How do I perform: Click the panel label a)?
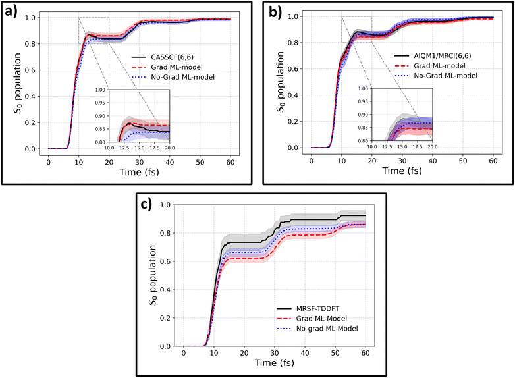(x=13, y=14)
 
